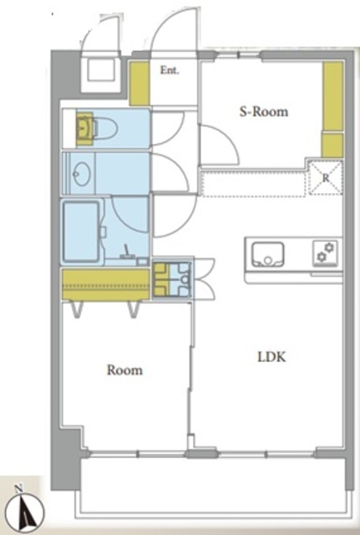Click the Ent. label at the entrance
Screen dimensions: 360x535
170,70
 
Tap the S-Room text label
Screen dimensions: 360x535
263,112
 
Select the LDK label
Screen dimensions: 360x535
271,357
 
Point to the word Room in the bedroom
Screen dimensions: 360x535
124,370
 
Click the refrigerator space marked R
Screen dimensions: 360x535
326,178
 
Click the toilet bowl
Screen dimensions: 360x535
106,129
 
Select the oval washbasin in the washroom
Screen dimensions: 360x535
81,174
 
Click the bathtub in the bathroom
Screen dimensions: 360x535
82,232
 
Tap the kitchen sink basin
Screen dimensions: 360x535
267,254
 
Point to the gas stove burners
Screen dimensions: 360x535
325,253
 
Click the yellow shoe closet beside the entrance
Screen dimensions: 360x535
139,84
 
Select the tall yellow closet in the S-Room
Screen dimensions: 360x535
333,110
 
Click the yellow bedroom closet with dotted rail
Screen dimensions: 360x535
106,284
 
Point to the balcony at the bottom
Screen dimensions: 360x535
213,486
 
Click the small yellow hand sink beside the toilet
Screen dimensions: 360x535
84,129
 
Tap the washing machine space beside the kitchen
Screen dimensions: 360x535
172,279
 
